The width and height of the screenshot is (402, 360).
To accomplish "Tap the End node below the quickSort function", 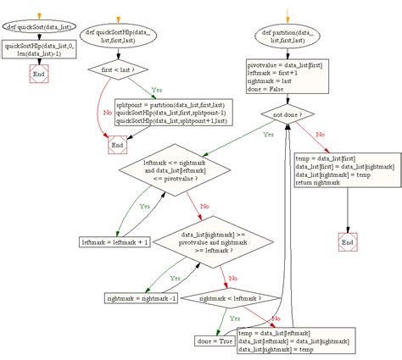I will click(x=37, y=75).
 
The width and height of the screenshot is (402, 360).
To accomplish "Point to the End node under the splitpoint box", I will click(x=118, y=145).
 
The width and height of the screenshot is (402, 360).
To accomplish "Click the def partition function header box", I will click(x=288, y=38).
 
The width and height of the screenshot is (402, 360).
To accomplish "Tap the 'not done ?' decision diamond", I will click(x=288, y=113).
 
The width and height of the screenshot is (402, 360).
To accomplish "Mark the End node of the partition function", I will click(x=347, y=243).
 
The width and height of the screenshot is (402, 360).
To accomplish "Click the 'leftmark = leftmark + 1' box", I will click(x=114, y=242).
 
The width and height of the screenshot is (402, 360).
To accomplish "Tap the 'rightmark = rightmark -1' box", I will click(x=142, y=298).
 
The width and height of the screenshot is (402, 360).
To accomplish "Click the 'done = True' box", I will click(x=214, y=341).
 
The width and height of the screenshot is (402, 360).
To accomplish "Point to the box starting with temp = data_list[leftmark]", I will click(x=295, y=341).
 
